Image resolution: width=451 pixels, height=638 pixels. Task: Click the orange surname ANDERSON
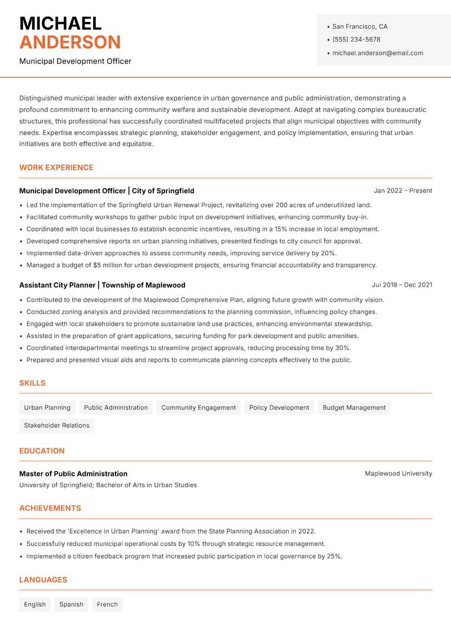point(70,42)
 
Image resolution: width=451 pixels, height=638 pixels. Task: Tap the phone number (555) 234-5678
point(356,40)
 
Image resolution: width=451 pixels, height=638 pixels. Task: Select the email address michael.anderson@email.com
point(377,53)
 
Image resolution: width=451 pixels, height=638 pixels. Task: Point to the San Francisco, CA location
point(360,27)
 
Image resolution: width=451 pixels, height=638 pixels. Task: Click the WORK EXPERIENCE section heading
point(56,168)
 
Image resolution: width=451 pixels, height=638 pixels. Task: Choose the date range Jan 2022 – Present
point(403,191)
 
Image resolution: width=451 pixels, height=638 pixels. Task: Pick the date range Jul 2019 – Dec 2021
point(402,285)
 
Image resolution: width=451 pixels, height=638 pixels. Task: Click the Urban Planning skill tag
point(47,408)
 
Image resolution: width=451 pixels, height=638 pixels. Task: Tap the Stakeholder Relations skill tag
point(56,426)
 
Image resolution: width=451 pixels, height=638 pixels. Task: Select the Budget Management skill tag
point(354,408)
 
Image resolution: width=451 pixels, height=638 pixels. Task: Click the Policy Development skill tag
point(279,408)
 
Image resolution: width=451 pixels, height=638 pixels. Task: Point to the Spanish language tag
point(71,605)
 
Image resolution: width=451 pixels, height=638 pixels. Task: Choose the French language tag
point(107,605)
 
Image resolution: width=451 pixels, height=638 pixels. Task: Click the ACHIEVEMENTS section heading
point(50,508)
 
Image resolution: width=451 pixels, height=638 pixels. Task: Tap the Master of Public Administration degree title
point(73,474)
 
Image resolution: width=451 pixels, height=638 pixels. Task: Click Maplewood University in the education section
point(398,474)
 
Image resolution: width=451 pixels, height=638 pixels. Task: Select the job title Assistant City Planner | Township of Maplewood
point(102,285)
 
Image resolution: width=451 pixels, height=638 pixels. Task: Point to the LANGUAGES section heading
point(43,580)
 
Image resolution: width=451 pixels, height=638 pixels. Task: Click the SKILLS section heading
point(32,383)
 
